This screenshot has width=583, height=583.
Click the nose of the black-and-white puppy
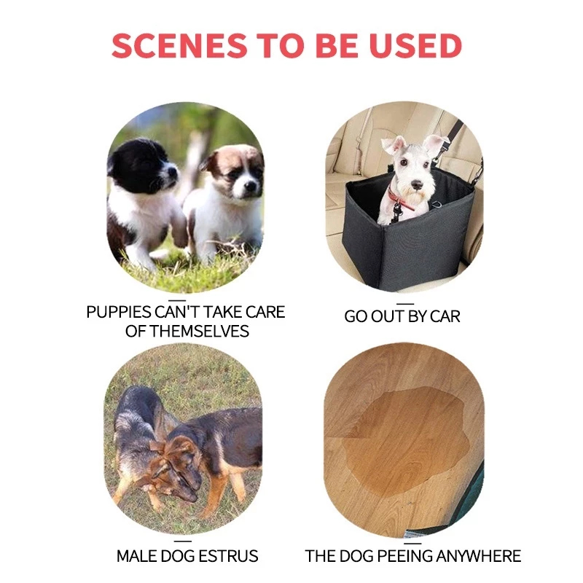tap(173, 172)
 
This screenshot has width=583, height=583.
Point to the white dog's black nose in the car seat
tap(416, 184)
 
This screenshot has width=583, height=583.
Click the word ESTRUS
tap(228, 556)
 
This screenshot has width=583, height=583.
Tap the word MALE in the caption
tap(136, 556)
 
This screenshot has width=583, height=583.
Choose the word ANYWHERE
tap(479, 556)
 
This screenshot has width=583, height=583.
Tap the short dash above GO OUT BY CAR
tap(405, 304)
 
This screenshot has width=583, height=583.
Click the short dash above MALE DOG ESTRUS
tap(183, 541)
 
